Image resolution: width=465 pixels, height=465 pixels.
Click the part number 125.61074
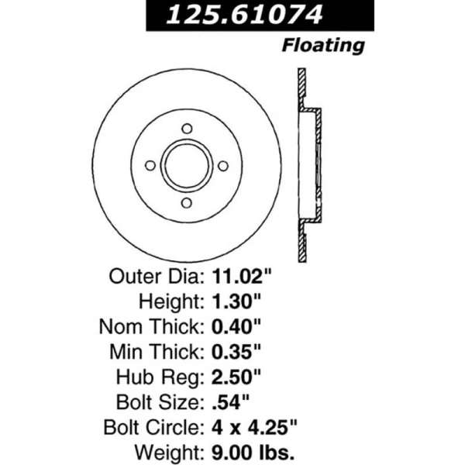coord(244,15)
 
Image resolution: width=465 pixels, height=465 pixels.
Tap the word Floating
coord(323,46)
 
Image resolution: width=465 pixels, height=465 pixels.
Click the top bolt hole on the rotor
coord(187,129)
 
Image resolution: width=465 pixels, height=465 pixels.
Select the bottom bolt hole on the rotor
coord(187,203)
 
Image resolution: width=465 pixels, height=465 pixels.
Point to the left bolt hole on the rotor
coord(150,166)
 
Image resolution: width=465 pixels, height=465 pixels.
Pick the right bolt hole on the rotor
coord(223,166)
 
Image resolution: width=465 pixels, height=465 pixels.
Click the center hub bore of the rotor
coord(187,166)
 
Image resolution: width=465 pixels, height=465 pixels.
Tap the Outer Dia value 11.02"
coord(242,277)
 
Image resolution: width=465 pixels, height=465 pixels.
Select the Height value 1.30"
coord(236,301)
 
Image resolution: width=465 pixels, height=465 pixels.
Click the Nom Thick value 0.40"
coord(236,326)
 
